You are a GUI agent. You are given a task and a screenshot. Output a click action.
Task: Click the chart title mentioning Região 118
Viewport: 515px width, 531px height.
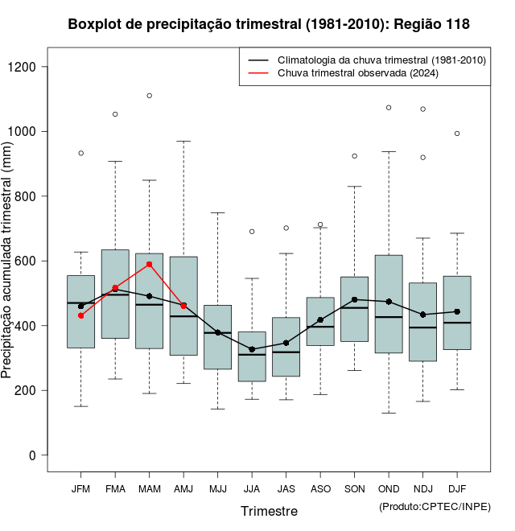pyautogui.click(x=269, y=25)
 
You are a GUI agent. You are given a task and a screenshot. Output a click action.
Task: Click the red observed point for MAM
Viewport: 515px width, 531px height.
pyautogui.click(x=150, y=264)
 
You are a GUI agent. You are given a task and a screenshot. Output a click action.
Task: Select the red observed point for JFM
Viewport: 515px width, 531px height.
pyautogui.click(x=80, y=315)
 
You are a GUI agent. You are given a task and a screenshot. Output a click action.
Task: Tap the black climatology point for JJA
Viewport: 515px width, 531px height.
pyautogui.click(x=252, y=349)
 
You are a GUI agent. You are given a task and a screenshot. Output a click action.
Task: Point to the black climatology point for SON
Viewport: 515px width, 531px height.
pyautogui.click(x=355, y=299)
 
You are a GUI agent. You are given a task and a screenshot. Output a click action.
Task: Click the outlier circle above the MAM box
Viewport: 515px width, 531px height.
pyautogui.click(x=150, y=96)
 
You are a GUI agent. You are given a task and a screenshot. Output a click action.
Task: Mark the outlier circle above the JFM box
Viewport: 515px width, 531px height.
pyautogui.click(x=80, y=153)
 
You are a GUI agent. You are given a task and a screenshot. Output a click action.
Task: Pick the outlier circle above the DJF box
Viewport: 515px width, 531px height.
pyautogui.click(x=457, y=134)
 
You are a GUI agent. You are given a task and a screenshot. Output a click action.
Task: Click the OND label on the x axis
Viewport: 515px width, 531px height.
pyautogui.click(x=389, y=489)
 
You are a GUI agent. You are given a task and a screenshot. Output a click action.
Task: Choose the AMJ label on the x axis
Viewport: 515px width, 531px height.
pyautogui.click(x=183, y=489)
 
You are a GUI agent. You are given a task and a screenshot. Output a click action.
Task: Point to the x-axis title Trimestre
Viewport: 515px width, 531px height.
pyautogui.click(x=269, y=511)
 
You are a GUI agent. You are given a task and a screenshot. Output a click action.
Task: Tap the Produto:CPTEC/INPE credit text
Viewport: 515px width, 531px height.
pyautogui.click(x=435, y=506)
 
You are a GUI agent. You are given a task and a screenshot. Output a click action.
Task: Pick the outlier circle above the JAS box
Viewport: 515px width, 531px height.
pyautogui.click(x=286, y=228)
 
